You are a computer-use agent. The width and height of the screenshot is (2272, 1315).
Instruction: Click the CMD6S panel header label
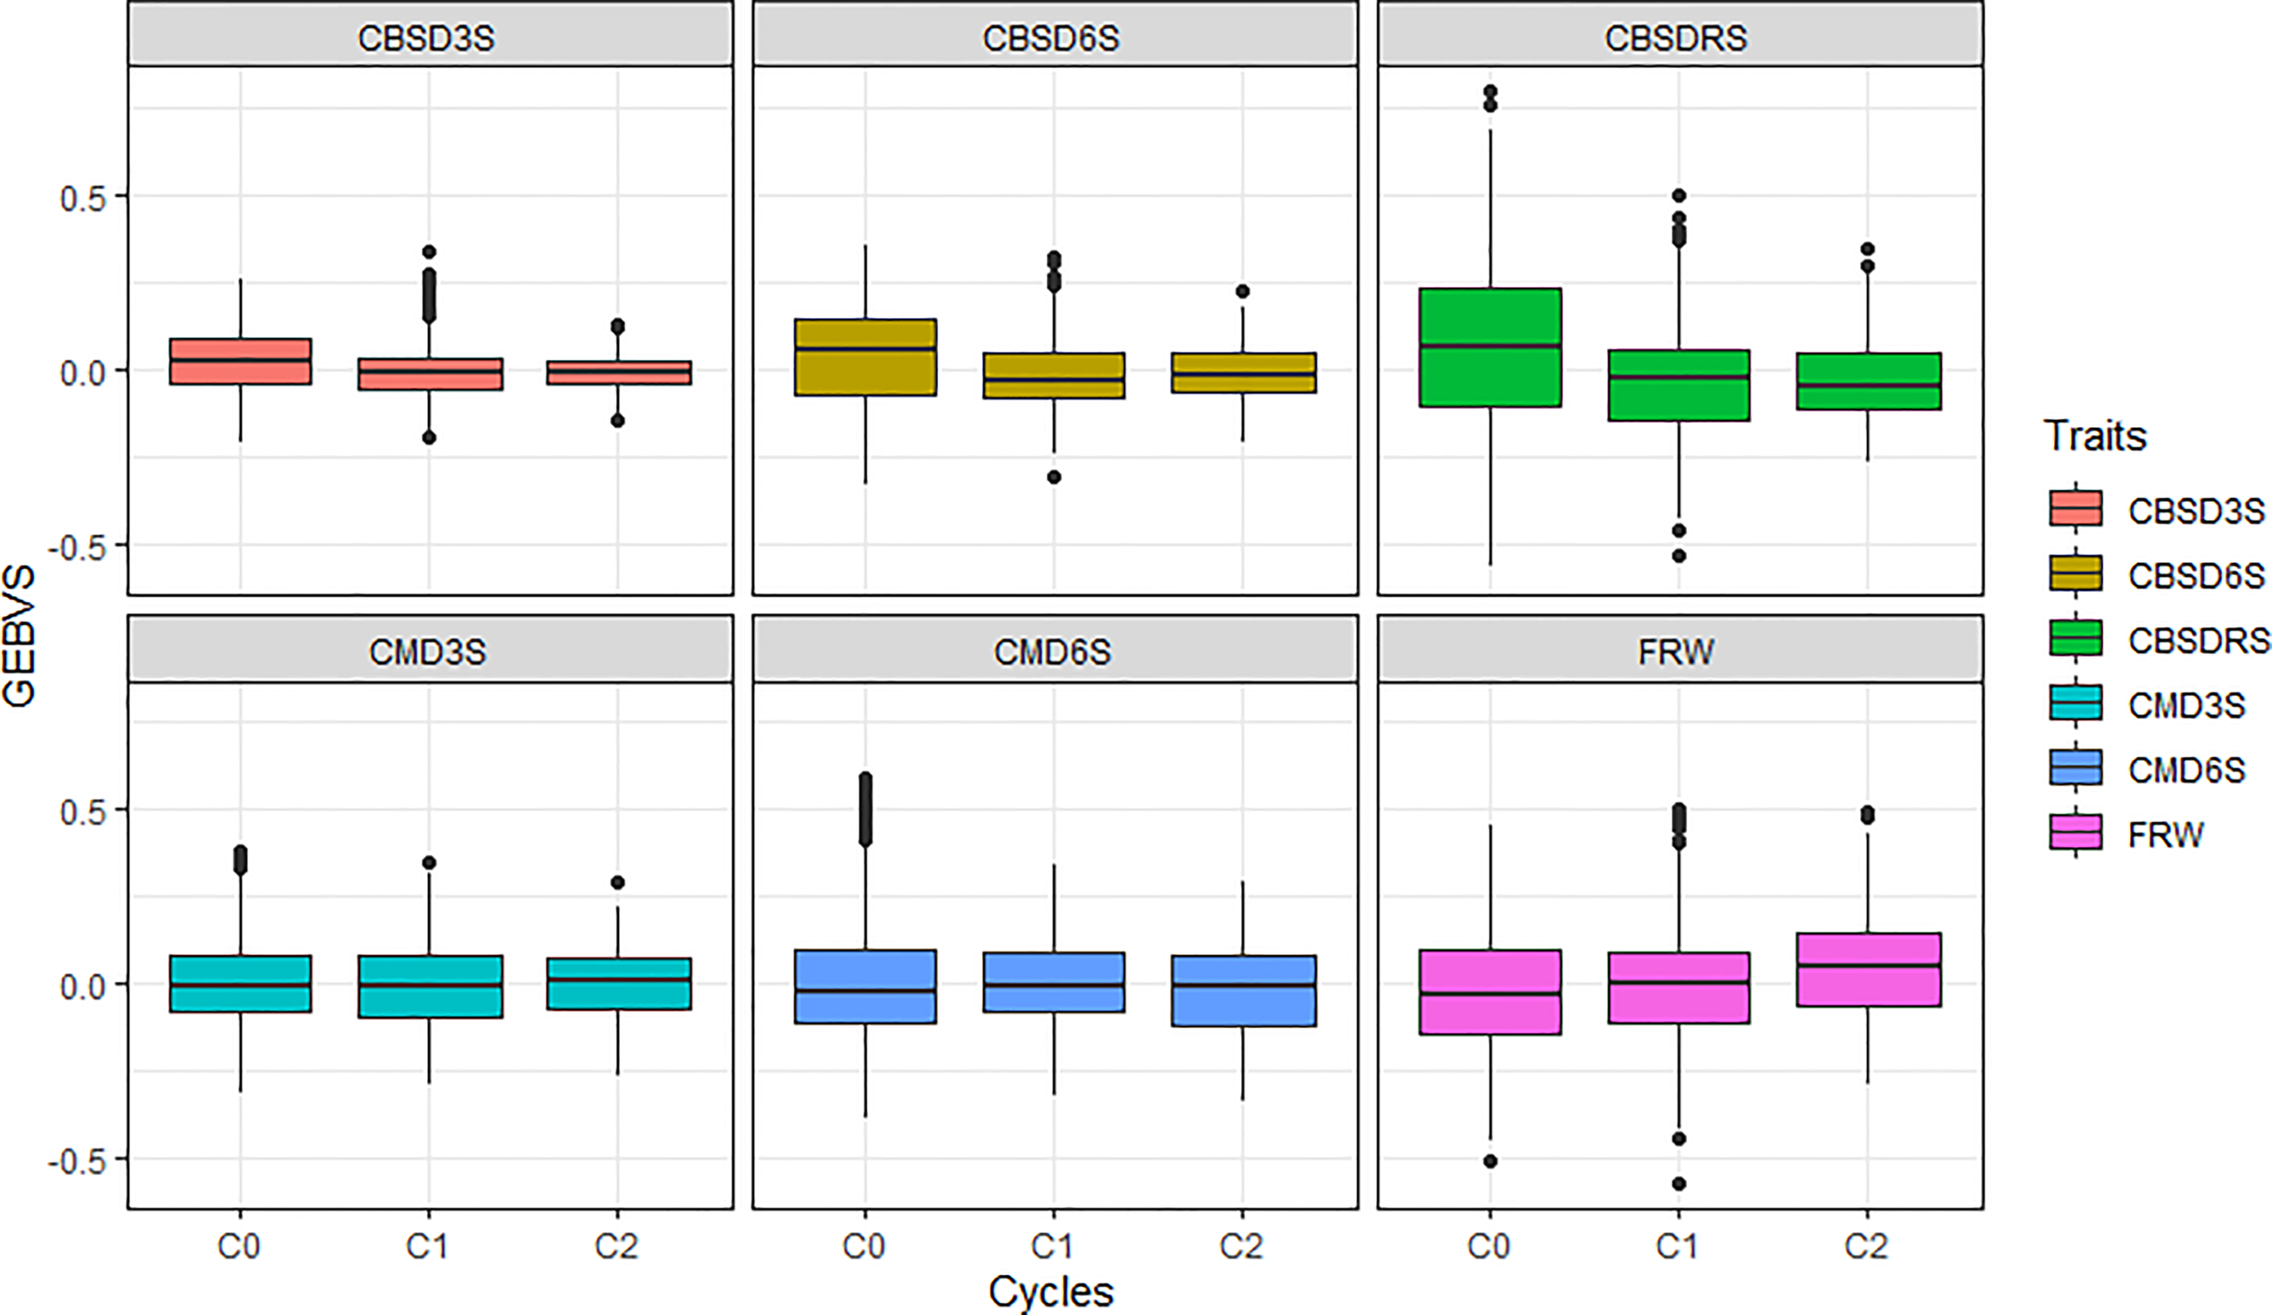coord(1051,652)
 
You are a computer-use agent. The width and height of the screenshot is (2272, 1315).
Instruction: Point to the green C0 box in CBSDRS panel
coord(1490,347)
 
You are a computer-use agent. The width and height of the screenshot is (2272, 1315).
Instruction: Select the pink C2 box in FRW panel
coord(1868,970)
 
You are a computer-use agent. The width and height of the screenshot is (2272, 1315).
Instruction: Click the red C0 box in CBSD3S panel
coord(240,362)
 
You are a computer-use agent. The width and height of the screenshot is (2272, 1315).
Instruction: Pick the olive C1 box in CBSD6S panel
coord(1053,375)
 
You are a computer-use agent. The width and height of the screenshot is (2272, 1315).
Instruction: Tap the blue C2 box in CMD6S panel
coord(1242,991)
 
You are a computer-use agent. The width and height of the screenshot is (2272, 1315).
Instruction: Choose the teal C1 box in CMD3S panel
coord(429,986)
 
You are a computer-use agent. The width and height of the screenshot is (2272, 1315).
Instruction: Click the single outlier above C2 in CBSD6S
coord(1242,292)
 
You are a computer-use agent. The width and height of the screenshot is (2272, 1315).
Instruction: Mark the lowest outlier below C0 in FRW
coord(1490,1161)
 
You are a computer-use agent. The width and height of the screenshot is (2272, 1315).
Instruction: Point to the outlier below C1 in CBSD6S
coord(1054,477)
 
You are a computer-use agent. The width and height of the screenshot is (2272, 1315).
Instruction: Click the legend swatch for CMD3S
coord(2075,703)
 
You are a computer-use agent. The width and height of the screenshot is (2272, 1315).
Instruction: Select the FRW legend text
coord(2165,834)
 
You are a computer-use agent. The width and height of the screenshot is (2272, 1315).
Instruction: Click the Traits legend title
coord(2094,436)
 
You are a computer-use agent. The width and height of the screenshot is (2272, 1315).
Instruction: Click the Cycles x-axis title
coord(1051,1291)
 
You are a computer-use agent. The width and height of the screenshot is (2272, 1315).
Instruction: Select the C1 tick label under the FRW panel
coord(1677,1246)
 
